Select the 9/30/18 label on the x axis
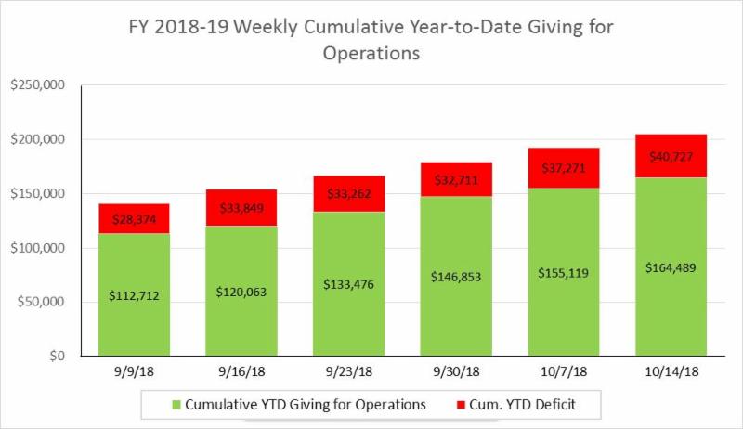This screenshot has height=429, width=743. click(456, 372)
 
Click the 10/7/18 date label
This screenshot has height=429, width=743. click(563, 372)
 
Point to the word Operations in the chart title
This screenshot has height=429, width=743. click(371, 54)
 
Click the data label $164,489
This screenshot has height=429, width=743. click(671, 267)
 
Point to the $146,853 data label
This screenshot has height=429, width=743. click(456, 277)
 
